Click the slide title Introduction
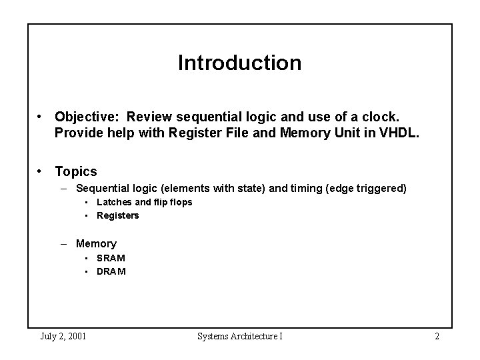point(239,63)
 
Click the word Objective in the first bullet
point(83,117)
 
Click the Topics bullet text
point(76,171)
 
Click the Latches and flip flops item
point(145,202)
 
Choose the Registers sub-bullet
point(118,215)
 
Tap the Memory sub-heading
point(96,244)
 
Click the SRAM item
point(111,258)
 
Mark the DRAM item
point(111,271)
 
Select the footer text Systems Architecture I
point(240,336)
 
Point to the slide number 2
point(437,336)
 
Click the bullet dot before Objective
point(41,117)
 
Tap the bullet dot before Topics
point(41,171)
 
